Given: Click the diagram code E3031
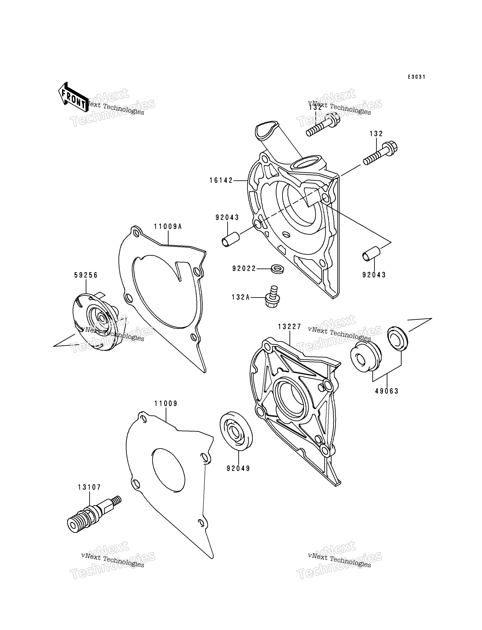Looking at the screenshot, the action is click(x=417, y=77).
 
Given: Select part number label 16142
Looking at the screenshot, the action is click(x=221, y=180).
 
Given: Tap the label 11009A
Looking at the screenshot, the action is click(x=168, y=227).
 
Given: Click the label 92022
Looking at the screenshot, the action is click(x=244, y=269).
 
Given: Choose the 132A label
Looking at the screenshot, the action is click(x=241, y=297).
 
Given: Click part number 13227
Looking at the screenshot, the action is click(x=290, y=327).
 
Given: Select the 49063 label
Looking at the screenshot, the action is click(x=387, y=391).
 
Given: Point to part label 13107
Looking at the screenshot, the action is click(x=89, y=487).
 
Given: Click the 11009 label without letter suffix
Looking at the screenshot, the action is click(x=166, y=403).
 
